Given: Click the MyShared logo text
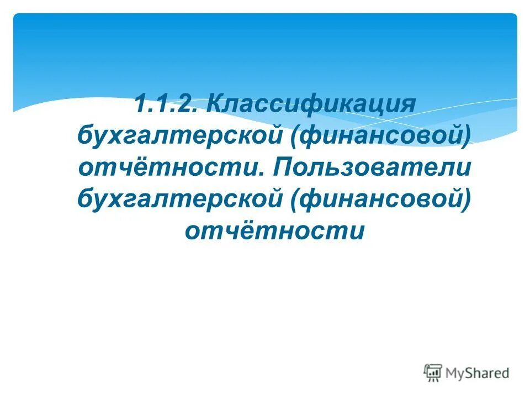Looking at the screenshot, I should (479, 373).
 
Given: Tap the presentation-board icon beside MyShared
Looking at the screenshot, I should (433, 373).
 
